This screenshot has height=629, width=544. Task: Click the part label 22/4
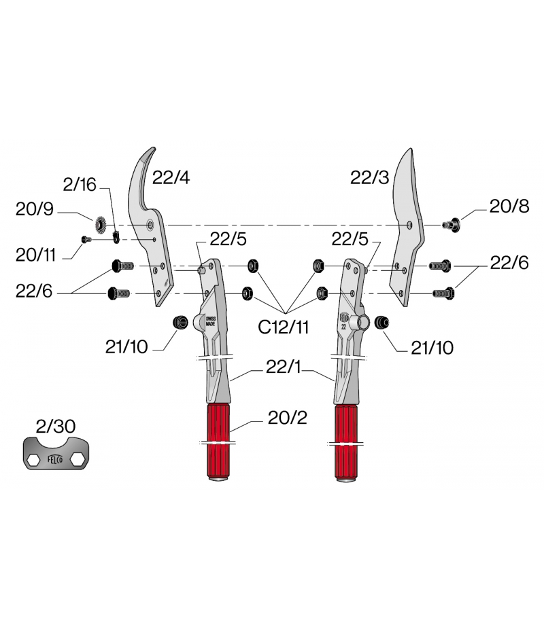171,177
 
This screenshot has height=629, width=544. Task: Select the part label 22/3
369,177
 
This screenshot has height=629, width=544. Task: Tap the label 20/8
509,206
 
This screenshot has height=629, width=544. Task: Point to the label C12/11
283,327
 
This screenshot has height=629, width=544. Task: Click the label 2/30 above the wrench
55,426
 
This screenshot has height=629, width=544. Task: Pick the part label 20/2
288,418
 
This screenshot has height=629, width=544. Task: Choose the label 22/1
283,367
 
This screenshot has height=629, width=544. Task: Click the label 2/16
80,185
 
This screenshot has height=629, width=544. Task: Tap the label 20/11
35,255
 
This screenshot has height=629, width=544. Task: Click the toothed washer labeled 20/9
100,224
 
